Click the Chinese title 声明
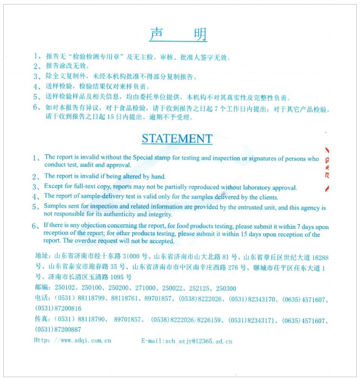click(x=178, y=35)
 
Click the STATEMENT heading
click(x=177, y=139)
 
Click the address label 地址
click(x=41, y=257)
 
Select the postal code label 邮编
click(x=41, y=288)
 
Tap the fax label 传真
click(x=41, y=320)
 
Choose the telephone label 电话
click(x=41, y=299)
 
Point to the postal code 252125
click(x=201, y=288)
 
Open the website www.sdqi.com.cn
click(x=86, y=340)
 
